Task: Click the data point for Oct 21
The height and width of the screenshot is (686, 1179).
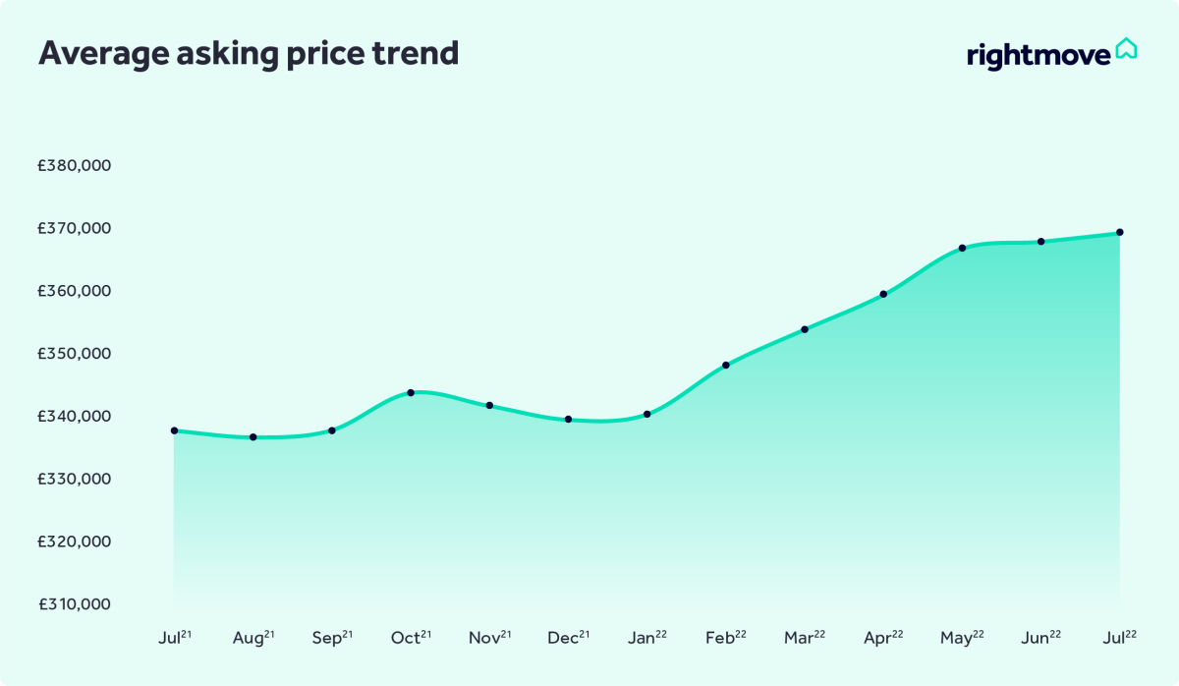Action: click(411, 392)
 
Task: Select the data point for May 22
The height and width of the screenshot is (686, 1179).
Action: click(962, 248)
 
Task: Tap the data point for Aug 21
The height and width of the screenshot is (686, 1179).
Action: click(253, 436)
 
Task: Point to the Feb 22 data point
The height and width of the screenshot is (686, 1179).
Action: click(726, 365)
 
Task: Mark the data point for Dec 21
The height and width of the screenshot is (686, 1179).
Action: click(568, 419)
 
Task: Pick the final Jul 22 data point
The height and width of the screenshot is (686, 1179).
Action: click(1119, 232)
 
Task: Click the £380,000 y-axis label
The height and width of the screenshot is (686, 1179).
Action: click(74, 165)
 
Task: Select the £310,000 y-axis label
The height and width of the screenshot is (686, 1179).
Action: click(74, 604)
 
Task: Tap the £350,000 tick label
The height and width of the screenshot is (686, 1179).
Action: click(74, 354)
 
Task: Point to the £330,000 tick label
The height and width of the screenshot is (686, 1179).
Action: click(74, 480)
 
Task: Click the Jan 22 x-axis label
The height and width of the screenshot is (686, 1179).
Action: click(646, 638)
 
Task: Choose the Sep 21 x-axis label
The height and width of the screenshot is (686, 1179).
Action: click(332, 638)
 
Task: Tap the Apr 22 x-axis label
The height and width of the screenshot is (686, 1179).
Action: click(883, 638)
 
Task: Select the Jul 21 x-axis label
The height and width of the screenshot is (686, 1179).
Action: click(175, 638)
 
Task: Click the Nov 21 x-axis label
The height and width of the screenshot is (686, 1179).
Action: click(489, 638)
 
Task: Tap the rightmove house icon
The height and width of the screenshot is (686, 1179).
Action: click(1126, 48)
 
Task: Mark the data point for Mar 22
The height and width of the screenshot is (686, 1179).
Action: click(805, 329)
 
